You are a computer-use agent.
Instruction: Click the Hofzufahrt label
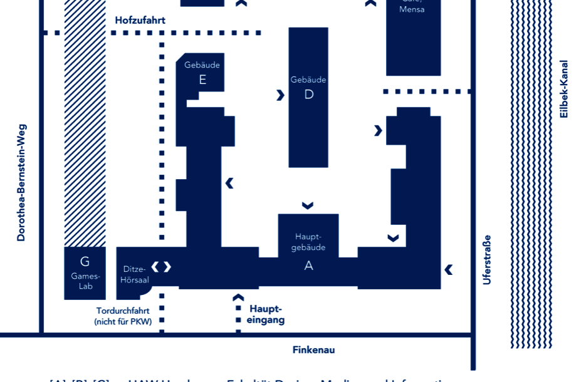(x=140, y=21)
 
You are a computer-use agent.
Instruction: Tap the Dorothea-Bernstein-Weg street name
(x=21, y=182)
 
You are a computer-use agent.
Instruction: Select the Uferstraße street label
(x=487, y=260)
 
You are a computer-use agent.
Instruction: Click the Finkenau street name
(x=313, y=350)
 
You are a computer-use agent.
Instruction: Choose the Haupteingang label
(x=266, y=314)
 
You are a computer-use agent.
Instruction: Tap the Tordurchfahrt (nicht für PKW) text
(x=123, y=316)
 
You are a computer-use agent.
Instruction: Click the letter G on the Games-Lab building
(x=85, y=262)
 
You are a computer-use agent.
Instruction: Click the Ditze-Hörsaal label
(x=134, y=274)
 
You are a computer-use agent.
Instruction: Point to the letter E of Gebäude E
(x=202, y=80)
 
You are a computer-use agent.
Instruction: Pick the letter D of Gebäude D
(x=308, y=95)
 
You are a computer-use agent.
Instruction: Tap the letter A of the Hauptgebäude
(x=308, y=266)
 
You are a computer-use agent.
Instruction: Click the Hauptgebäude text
(x=308, y=242)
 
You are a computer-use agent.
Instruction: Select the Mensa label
(x=412, y=9)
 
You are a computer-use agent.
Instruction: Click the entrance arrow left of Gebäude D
(x=280, y=95)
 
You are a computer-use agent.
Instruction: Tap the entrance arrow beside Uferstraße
(x=449, y=269)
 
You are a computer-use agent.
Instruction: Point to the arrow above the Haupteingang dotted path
(x=238, y=297)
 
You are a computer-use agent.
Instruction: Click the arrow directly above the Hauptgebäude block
(x=308, y=205)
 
